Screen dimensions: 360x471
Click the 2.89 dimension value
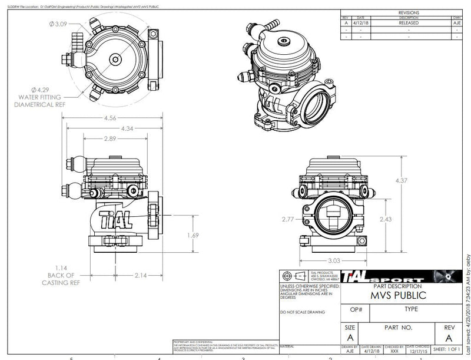(x=109, y=138)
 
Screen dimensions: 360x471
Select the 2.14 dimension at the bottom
(x=140, y=275)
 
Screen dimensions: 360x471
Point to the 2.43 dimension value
(x=385, y=219)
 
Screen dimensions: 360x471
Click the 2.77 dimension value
(x=287, y=219)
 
